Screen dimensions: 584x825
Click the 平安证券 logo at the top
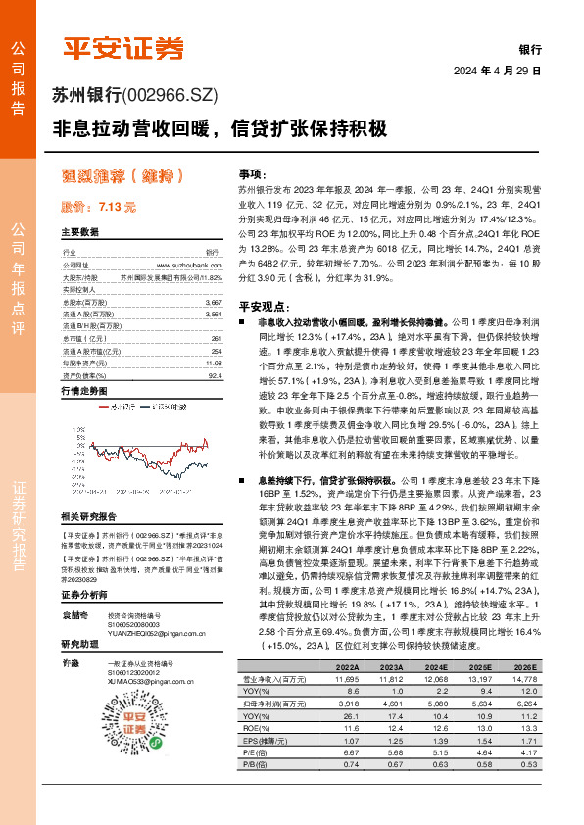pos(123,46)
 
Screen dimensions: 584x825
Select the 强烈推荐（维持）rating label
pos(122,176)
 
